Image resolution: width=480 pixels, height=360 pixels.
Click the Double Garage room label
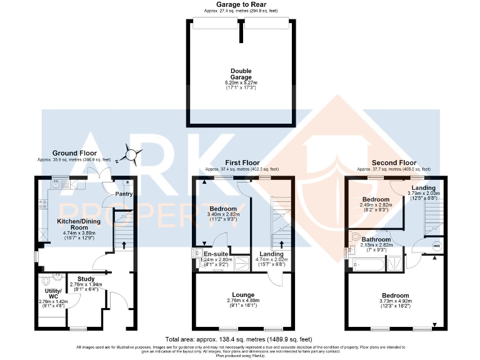point(241,74)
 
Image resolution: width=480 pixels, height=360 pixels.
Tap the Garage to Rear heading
point(241,4)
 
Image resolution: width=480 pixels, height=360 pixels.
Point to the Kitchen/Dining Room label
point(72,224)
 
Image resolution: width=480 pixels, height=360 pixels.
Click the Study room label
point(85,279)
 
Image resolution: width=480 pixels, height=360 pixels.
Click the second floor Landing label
point(424,188)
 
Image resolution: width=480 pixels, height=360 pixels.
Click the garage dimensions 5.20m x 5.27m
point(241,82)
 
